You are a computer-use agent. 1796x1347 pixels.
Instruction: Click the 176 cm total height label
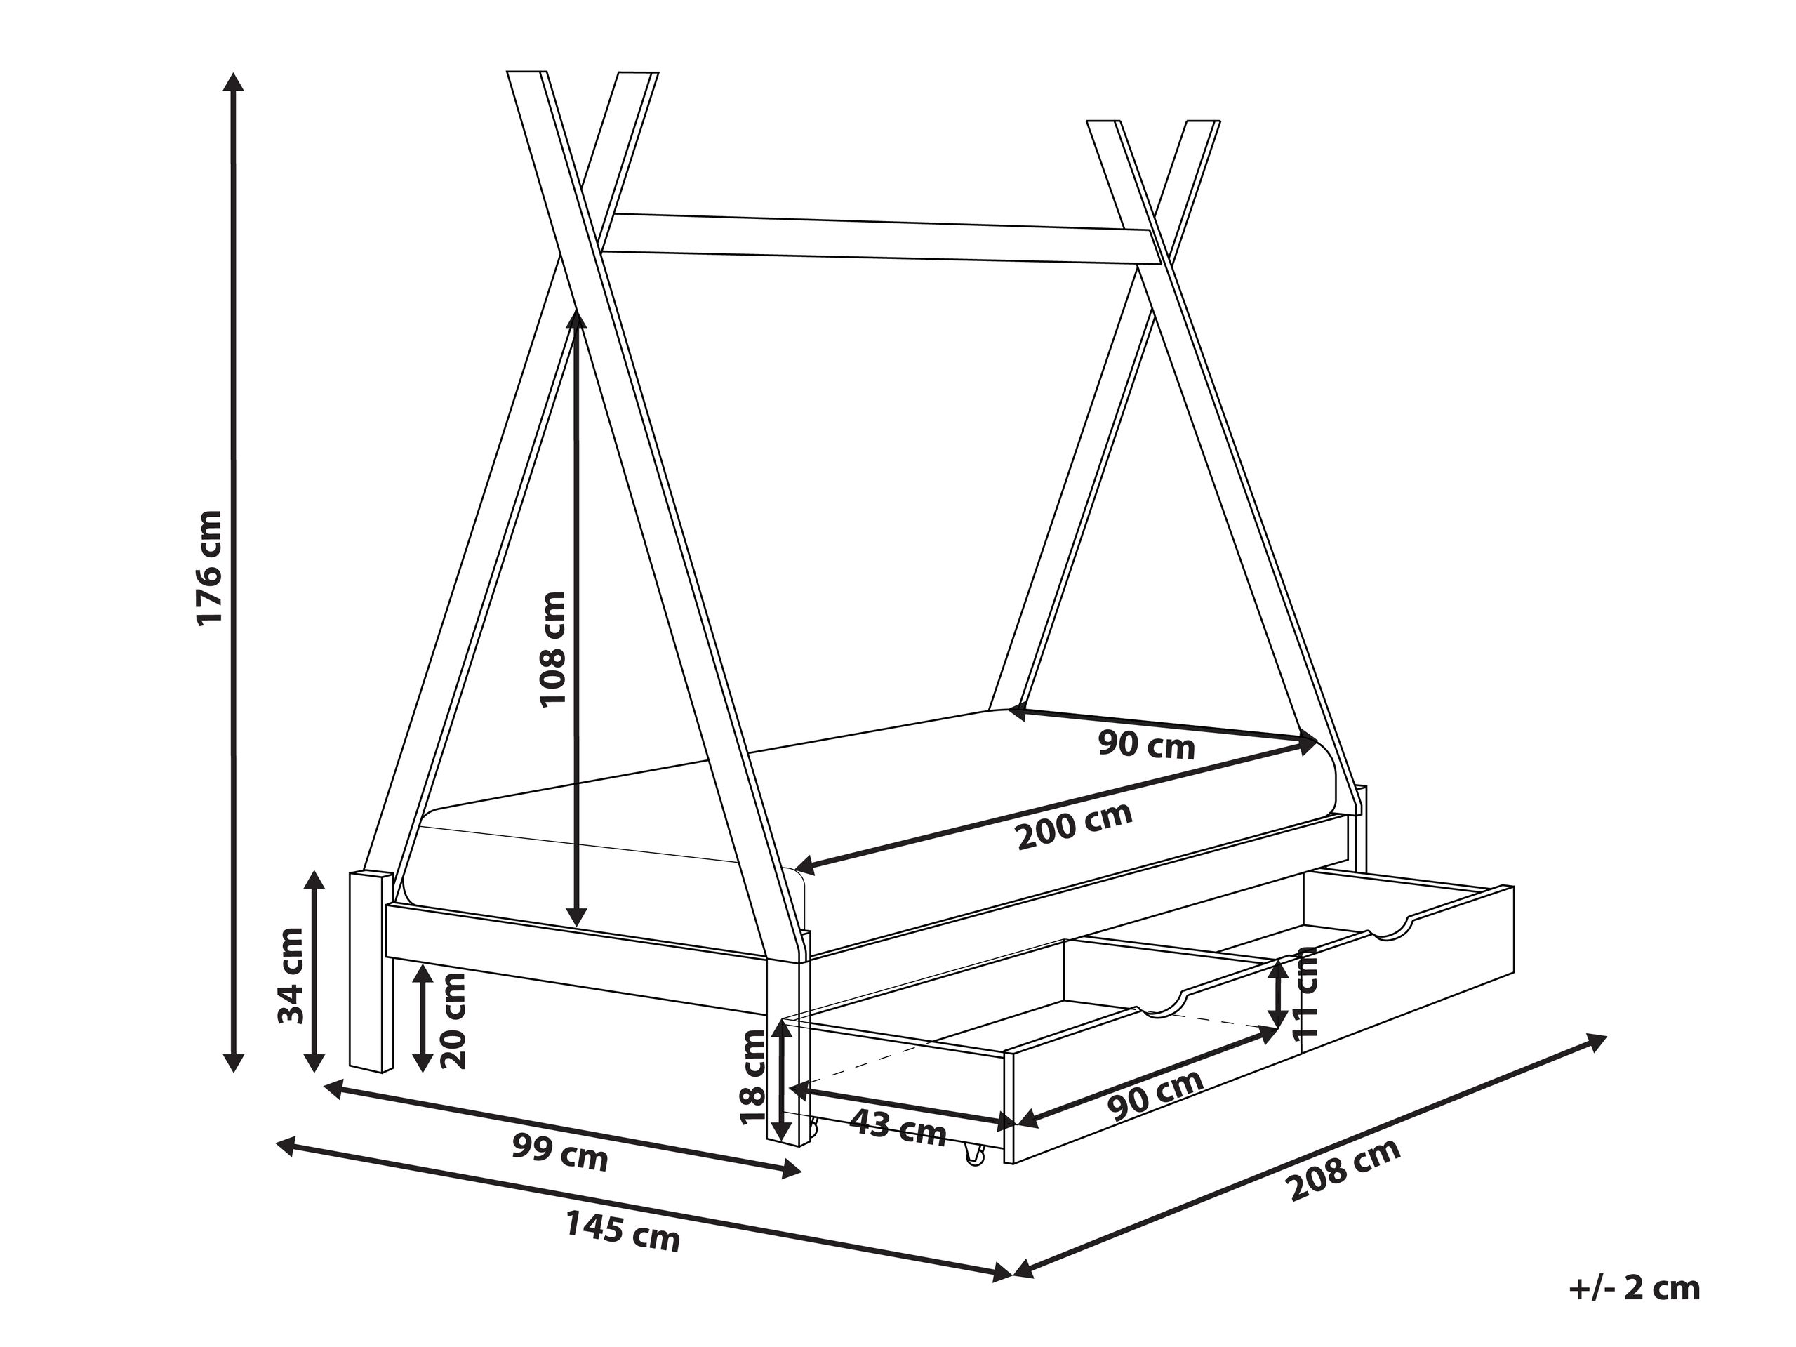click(x=208, y=569)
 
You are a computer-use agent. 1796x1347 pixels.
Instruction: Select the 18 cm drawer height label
click(x=754, y=1077)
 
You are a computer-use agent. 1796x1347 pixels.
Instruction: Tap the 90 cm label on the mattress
click(x=1148, y=745)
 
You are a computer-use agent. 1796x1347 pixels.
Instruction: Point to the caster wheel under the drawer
click(x=973, y=1156)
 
